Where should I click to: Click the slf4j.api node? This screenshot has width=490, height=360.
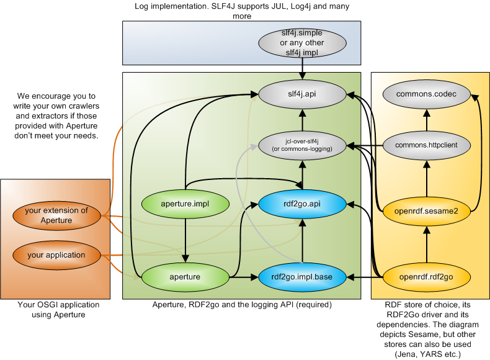(302, 95)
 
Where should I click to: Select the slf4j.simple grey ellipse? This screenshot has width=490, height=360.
(302, 42)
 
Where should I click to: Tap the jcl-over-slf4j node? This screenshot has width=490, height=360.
(302, 146)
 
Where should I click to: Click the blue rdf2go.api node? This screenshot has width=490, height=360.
(302, 202)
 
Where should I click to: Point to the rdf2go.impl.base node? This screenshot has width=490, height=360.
(302, 276)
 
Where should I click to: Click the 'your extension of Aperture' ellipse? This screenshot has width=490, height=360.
(56, 215)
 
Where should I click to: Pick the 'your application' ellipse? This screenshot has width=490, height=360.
(56, 254)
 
